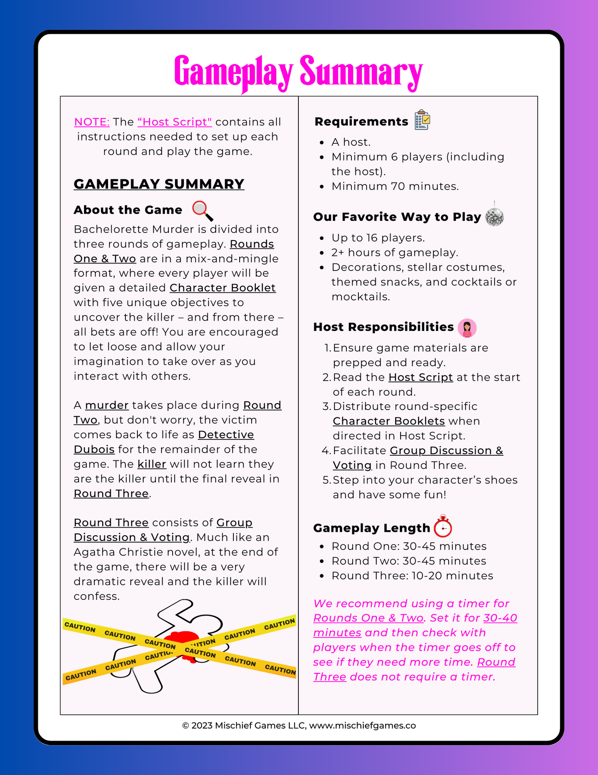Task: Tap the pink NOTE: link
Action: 92,122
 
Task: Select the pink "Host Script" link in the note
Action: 175,122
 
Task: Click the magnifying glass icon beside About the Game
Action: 203,210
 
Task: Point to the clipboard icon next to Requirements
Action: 423,120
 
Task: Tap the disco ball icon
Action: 494,216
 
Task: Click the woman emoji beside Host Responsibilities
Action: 467,328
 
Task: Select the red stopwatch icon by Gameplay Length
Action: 443,527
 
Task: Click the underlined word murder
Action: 107,405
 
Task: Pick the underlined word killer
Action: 152,464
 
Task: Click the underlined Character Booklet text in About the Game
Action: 223,288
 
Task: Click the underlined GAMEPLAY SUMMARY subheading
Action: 159,184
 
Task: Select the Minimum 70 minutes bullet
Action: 395,186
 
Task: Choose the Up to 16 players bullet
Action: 378,238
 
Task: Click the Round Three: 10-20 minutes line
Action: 412,576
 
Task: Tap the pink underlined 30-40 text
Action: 500,618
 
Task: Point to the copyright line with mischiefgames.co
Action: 299,726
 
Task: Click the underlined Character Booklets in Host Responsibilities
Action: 389,421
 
